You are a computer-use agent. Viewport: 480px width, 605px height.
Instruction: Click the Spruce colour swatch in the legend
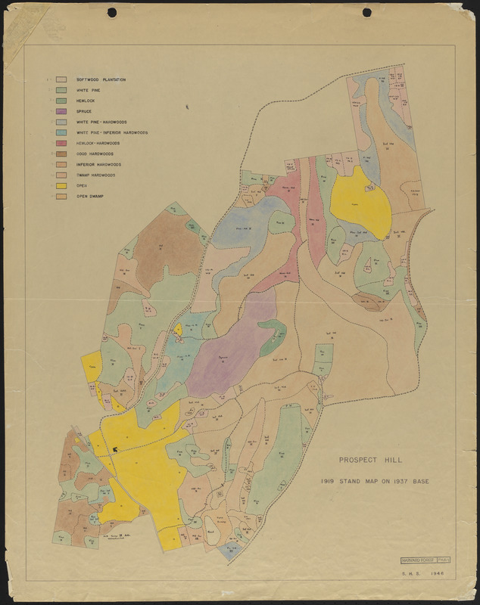coord(61,111)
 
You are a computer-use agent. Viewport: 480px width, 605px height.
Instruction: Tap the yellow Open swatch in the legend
coord(61,185)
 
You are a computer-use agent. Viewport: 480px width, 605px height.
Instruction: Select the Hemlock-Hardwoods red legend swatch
coord(61,143)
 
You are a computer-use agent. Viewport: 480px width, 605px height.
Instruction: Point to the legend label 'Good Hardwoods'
coord(95,154)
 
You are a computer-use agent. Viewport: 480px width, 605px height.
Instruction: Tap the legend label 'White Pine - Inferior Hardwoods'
coord(112,132)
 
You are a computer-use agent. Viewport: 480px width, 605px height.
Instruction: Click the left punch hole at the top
coord(113,12)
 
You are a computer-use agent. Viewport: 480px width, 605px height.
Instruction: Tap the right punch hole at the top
coord(367,12)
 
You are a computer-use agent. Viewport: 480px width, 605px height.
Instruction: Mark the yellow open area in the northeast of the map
coord(361,200)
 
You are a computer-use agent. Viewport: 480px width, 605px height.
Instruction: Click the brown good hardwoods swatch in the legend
coord(61,154)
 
